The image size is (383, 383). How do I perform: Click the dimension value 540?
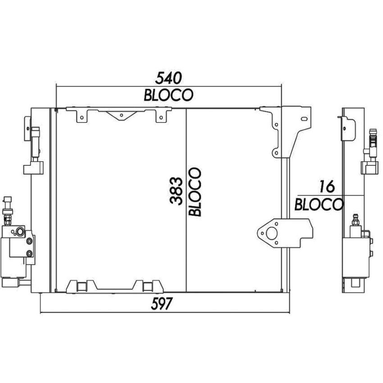point(169,78)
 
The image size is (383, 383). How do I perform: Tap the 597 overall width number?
point(162,304)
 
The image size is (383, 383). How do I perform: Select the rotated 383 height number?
point(176,191)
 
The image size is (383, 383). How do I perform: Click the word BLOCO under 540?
point(169,95)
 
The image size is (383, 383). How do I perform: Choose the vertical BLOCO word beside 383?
point(195,192)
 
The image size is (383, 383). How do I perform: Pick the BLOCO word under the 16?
point(319,205)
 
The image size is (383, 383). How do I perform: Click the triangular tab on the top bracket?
point(121,115)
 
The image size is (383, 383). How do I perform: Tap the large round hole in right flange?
point(271,233)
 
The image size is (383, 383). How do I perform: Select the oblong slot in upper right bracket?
point(304,119)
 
